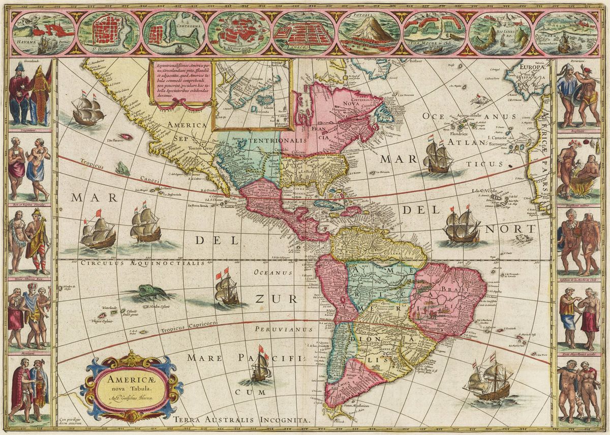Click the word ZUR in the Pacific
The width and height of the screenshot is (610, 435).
(x=268, y=298)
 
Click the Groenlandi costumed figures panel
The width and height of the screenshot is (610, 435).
(x=29, y=95)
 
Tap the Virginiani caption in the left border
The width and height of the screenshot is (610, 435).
(x=29, y=130)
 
